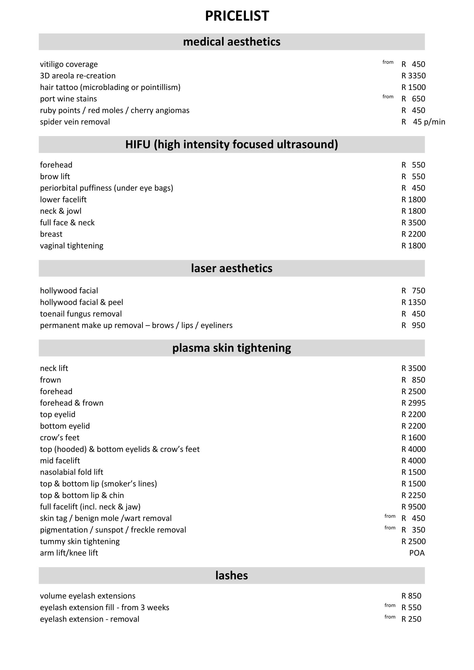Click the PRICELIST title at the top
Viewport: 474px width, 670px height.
point(237,16)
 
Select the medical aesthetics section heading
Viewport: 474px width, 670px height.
point(232,42)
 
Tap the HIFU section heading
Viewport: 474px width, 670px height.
point(232,144)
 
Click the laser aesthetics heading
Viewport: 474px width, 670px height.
point(232,268)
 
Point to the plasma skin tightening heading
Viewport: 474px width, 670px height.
point(232,348)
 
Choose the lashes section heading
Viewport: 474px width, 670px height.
point(232,575)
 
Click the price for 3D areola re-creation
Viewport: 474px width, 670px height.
point(413,76)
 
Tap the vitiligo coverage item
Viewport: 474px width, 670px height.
point(69,64)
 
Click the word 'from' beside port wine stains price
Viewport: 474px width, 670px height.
point(388,97)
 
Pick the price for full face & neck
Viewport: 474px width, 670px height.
point(413,223)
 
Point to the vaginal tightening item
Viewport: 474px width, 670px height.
point(72,246)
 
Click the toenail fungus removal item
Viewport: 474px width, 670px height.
point(81,314)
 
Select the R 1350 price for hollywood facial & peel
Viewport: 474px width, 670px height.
point(413,302)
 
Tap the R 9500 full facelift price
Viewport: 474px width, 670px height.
point(413,507)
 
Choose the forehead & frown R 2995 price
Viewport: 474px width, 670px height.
point(413,403)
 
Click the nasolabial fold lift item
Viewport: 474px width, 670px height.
point(72,472)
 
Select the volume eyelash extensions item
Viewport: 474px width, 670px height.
point(88,596)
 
